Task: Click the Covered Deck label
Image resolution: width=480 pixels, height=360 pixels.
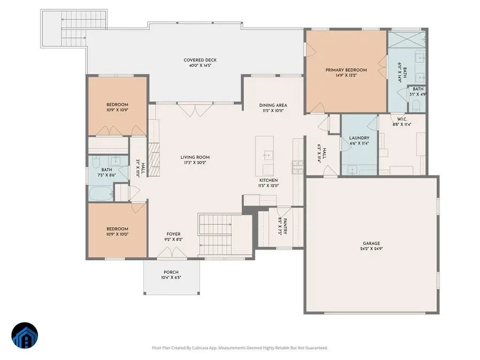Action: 199,60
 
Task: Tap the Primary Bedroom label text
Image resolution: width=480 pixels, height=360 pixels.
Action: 346,70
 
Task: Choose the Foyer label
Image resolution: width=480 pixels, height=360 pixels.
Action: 173,234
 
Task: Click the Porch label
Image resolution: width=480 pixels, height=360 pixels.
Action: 171,272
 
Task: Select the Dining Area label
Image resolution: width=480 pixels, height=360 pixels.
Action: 274,105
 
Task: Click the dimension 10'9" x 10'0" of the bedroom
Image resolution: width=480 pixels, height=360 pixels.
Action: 117,233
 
